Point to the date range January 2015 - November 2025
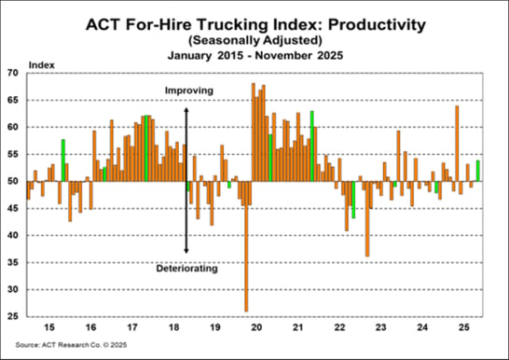(254, 55)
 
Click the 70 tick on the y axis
(15, 72)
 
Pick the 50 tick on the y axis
(15, 181)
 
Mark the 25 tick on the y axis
(15, 317)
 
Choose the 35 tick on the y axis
(15, 263)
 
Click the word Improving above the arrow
(189, 90)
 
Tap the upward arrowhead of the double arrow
(186, 109)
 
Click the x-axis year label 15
(51, 328)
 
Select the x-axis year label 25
(462, 328)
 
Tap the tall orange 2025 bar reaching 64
(457, 140)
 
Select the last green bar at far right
(478, 171)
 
